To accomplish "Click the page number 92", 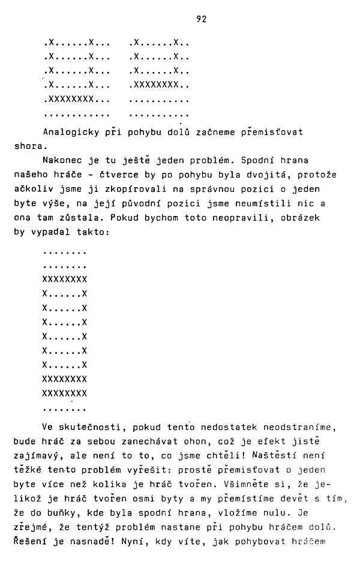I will [x=201, y=19].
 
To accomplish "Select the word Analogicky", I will [x=67, y=132].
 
